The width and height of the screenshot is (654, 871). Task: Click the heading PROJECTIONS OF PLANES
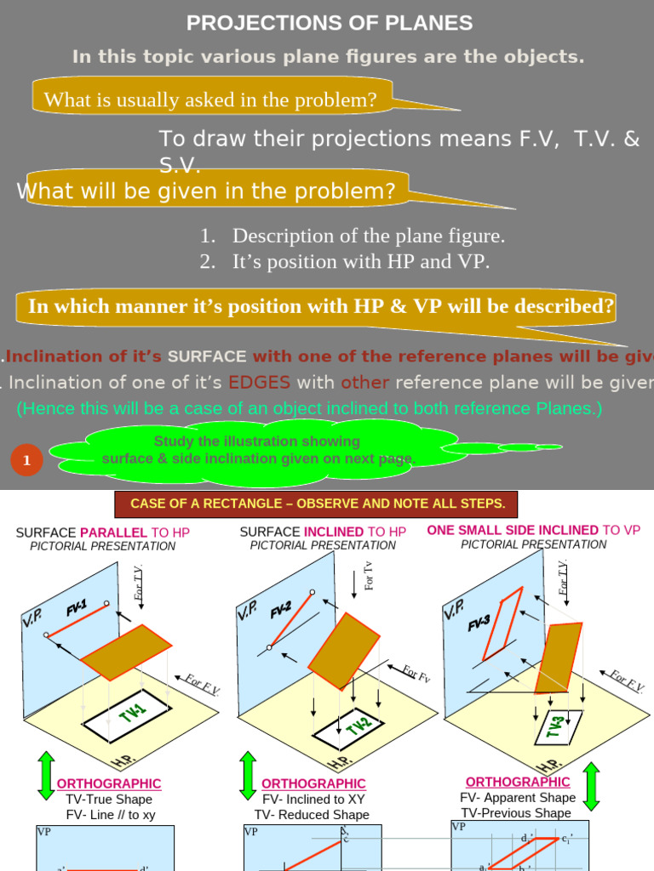pos(330,23)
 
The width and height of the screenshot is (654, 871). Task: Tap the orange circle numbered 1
pos(26,460)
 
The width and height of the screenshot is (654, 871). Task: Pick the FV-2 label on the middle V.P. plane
pos(281,609)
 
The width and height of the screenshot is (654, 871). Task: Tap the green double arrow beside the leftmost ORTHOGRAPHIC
pos(46,775)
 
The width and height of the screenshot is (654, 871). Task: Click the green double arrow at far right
pos(591,786)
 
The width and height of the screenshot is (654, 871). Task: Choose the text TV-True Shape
pos(109,800)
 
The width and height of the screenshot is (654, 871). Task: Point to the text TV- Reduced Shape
pos(312,815)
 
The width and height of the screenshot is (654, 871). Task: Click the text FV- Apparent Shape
pos(518,798)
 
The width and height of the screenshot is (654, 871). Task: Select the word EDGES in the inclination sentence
pos(259,382)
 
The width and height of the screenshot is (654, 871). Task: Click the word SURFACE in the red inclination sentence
pos(207,356)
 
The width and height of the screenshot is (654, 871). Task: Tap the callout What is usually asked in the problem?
pos(210,100)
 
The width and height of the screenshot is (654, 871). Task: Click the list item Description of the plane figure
pos(369,236)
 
